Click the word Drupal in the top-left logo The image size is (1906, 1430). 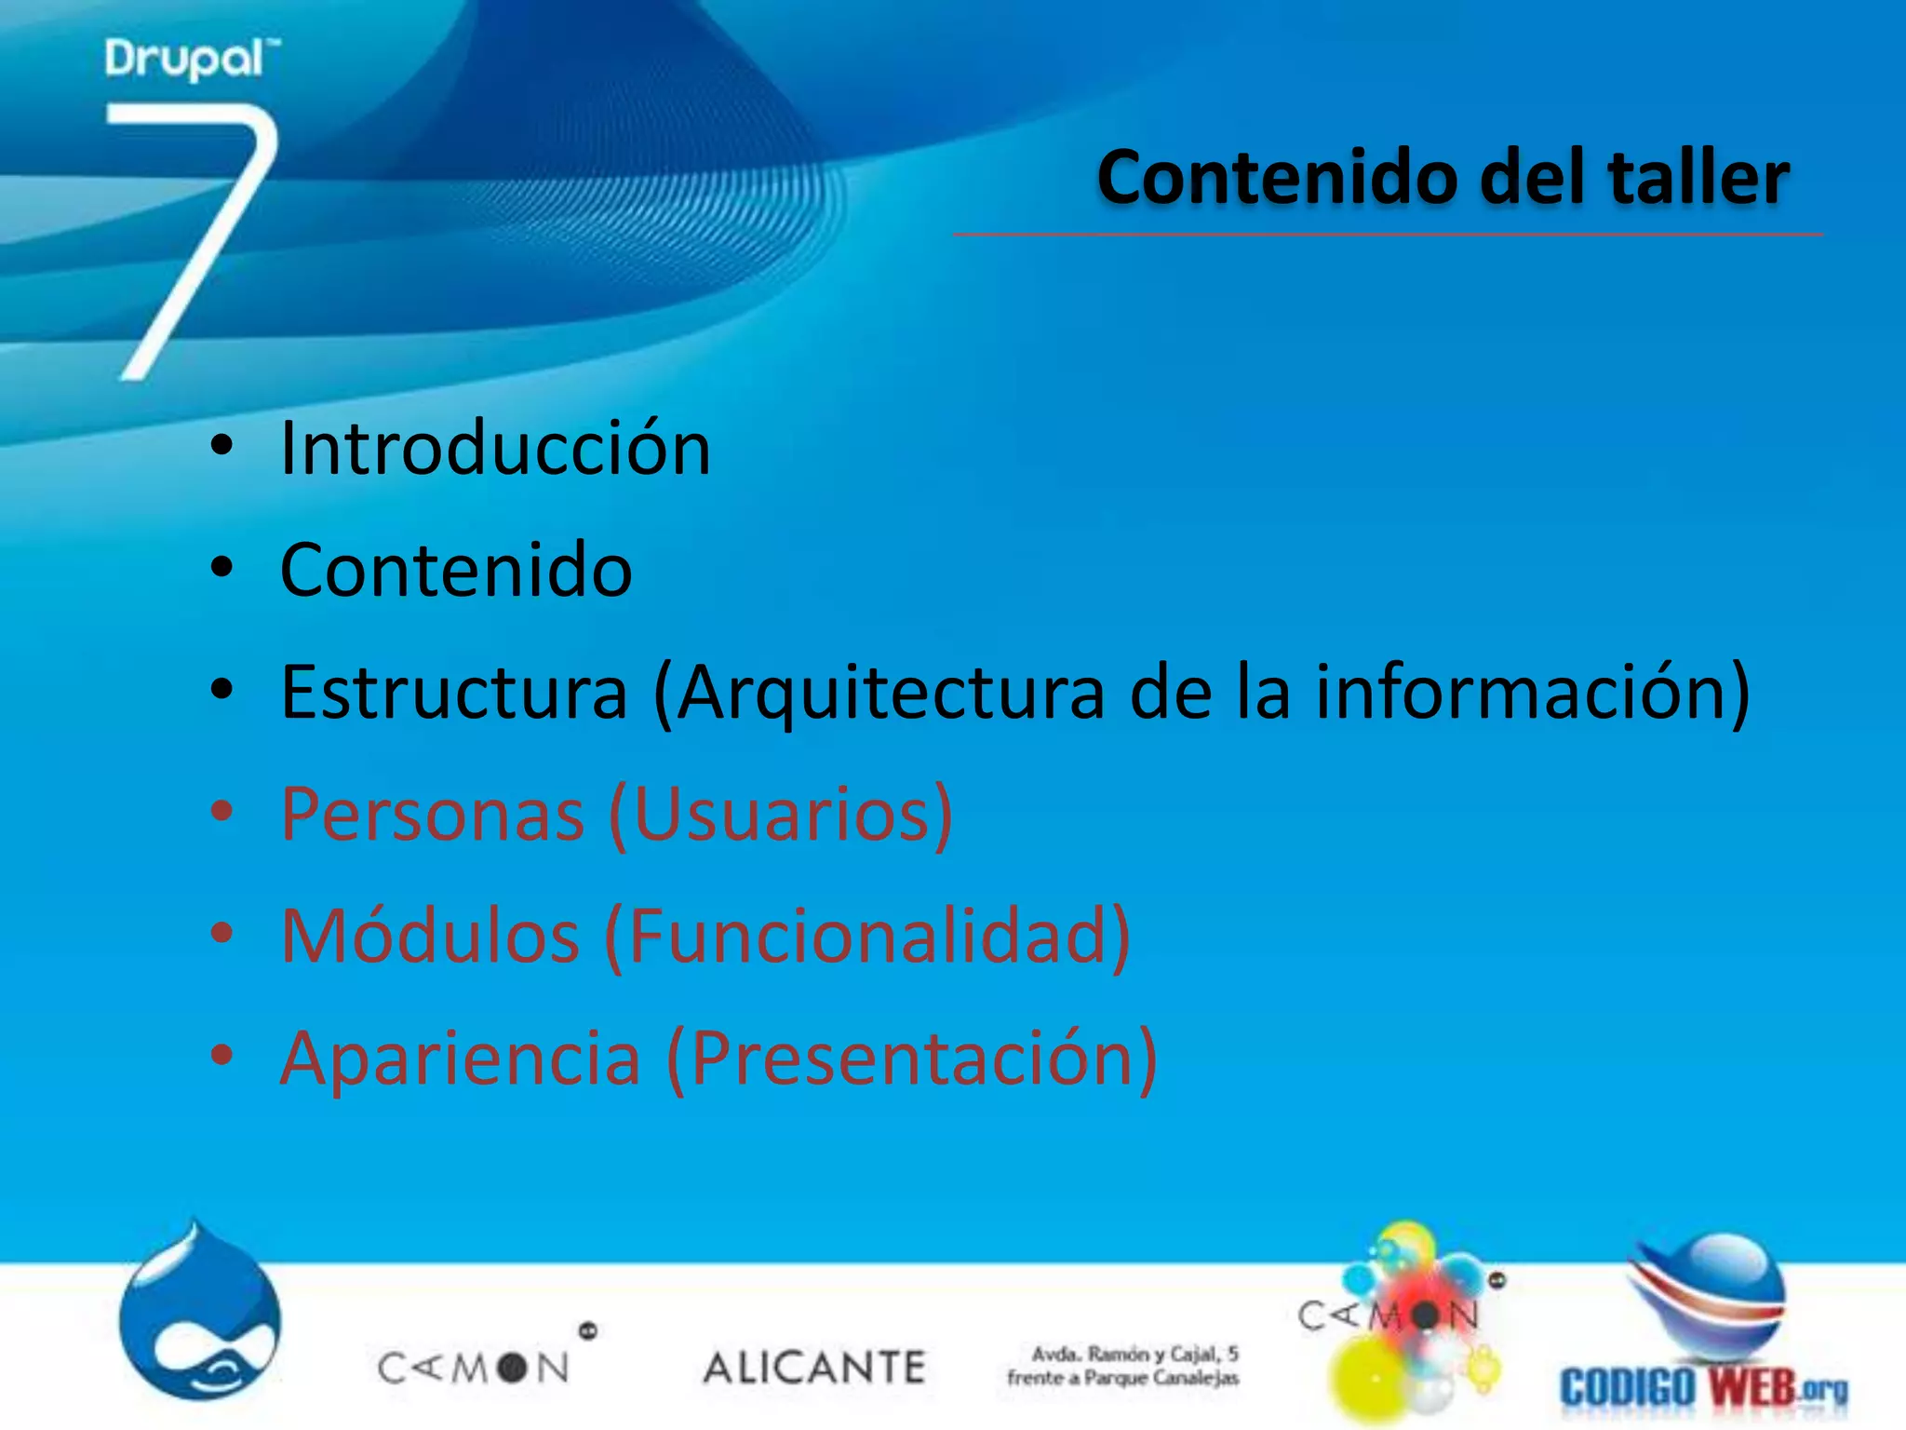coord(184,60)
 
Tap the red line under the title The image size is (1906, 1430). coord(1387,235)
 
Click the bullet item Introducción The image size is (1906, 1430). coord(495,448)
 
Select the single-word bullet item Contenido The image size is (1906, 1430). coord(456,570)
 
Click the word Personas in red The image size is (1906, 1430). coord(433,814)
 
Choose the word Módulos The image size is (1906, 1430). coord(430,936)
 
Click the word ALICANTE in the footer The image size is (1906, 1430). coord(814,1368)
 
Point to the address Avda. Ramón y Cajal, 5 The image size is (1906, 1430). coord(1134,1354)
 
